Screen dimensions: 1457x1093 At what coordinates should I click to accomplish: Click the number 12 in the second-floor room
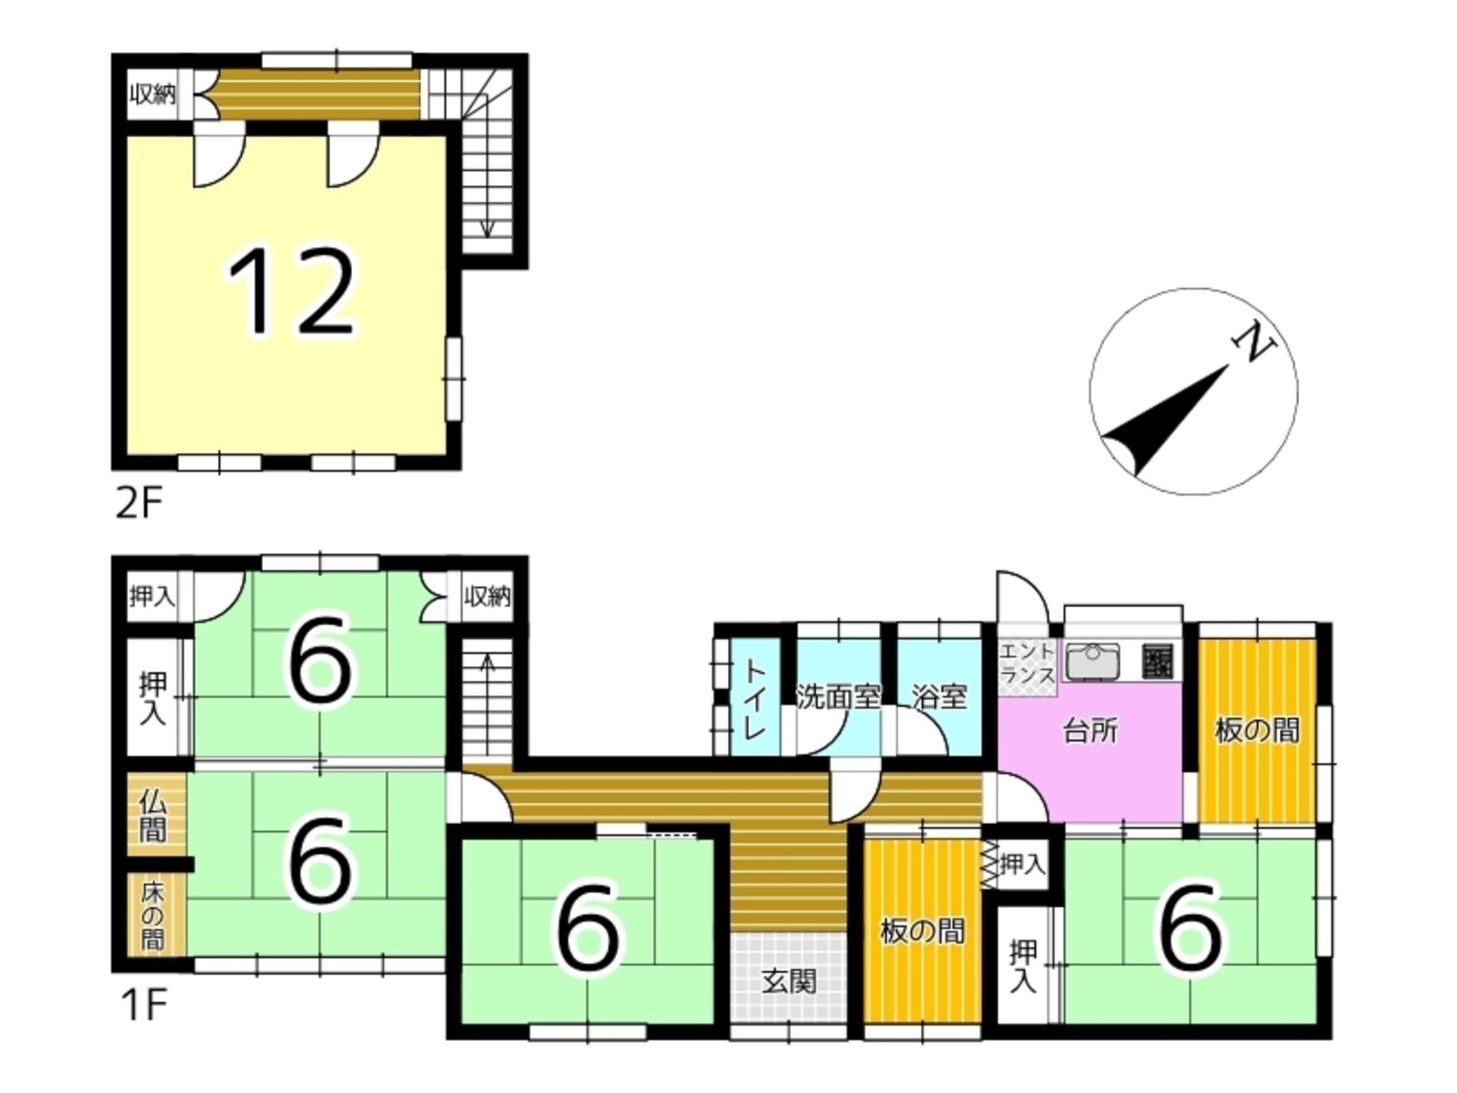[291, 291]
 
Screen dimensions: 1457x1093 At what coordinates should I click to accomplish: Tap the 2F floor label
[139, 505]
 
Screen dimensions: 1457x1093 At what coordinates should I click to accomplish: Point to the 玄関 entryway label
[790, 982]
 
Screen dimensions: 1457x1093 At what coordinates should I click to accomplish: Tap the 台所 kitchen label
[1090, 731]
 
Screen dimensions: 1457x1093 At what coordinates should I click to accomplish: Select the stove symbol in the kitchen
[1157, 661]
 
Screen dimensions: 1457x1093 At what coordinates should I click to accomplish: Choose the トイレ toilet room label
[756, 699]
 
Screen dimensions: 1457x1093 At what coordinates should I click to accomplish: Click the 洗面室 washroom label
[839, 697]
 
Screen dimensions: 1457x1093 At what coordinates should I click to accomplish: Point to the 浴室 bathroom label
[939, 697]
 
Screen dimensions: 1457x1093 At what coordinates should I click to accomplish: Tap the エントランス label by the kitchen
[1027, 663]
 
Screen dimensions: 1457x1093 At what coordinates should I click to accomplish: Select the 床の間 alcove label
[152, 915]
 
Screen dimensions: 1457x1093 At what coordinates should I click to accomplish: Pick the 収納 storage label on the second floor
[152, 95]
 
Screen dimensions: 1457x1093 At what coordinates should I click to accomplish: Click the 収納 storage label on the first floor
[487, 596]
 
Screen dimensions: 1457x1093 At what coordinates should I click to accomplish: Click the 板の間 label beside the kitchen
[1257, 731]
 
